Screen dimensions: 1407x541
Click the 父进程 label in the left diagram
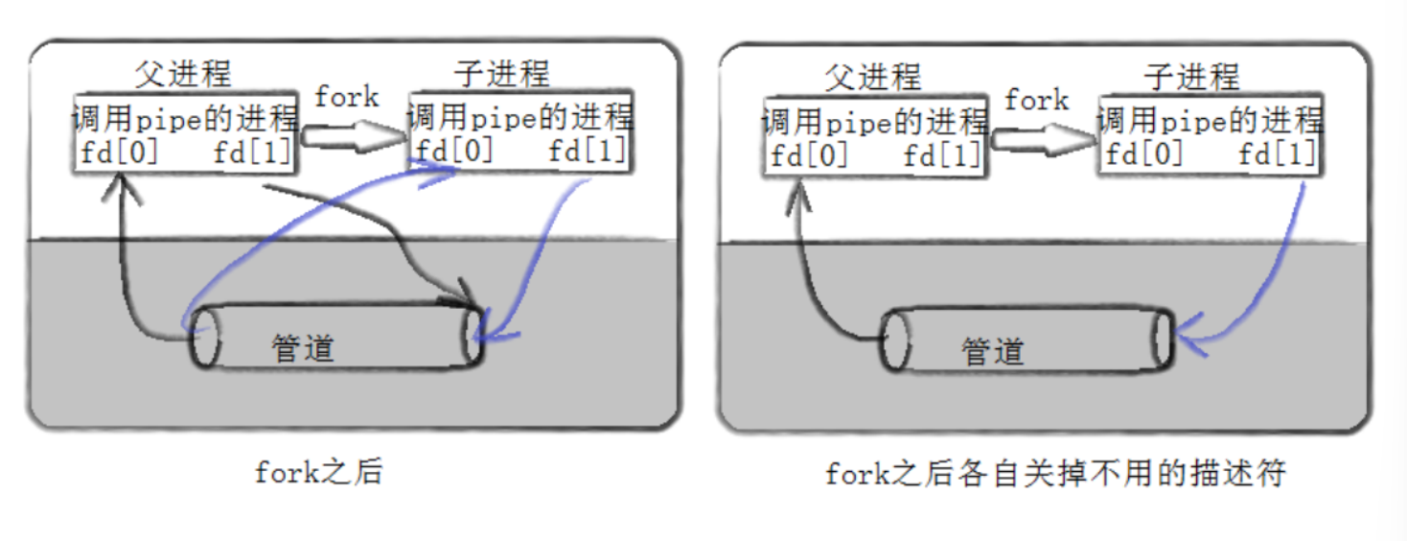[x=183, y=74]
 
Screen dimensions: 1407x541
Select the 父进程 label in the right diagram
[x=872, y=77]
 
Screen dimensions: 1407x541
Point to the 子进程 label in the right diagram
[x=1191, y=77]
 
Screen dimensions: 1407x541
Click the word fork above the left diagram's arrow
[x=347, y=97]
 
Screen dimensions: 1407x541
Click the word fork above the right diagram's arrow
[x=1036, y=100]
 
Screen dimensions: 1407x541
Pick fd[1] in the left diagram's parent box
[x=252, y=153]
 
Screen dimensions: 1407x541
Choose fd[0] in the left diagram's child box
[x=453, y=152]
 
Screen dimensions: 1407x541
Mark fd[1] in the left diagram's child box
[x=587, y=152]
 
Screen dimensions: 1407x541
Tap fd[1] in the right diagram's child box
[x=1277, y=155]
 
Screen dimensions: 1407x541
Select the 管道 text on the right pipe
[x=993, y=351]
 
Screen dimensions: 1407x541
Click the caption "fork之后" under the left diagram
[x=318, y=472]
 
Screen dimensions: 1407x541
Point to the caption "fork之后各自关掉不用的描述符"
[x=1053, y=474]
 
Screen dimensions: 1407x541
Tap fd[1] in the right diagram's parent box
[x=942, y=155]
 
